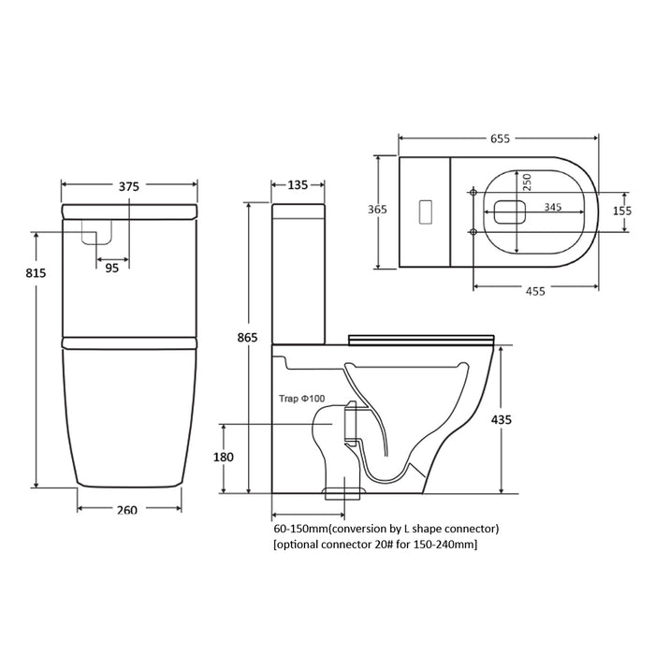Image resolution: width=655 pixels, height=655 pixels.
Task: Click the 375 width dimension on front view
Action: coord(129,186)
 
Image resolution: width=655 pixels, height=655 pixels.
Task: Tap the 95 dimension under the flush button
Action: coord(111,267)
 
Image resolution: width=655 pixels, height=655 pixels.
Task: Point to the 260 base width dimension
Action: coord(128,510)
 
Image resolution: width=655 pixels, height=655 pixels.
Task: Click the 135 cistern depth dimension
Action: coord(298,185)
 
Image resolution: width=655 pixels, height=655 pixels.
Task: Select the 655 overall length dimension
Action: coord(499,139)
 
